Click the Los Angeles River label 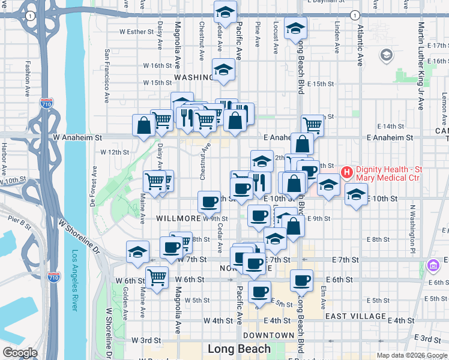point(75,280)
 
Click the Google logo point(20,353)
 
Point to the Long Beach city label point(239,349)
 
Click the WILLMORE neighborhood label point(178,218)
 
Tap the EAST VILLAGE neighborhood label point(355,316)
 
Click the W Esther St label point(137,32)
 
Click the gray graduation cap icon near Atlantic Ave point(387,56)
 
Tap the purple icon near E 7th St point(432,265)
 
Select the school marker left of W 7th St point(137,251)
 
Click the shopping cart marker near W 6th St point(157,277)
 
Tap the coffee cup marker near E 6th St point(301,280)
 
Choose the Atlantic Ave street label point(360,45)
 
